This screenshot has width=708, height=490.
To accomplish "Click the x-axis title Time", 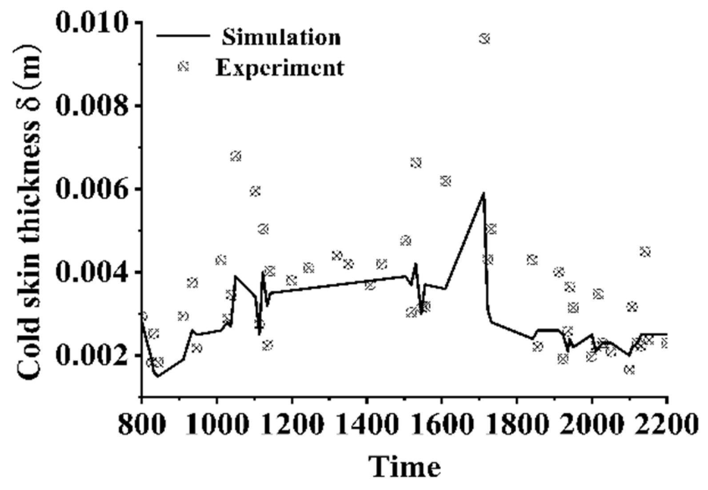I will tap(405, 467).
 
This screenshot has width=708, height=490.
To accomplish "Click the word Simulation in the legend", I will tap(281, 37).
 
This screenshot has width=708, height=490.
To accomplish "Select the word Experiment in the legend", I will tap(280, 67).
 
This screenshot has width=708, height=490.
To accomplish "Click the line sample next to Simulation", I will tap(183, 36).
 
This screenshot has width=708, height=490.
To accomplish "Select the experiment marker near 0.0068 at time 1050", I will tap(236, 156).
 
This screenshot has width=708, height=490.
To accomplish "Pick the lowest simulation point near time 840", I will tap(157, 376).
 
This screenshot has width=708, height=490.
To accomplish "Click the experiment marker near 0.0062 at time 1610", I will tap(446, 181).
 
